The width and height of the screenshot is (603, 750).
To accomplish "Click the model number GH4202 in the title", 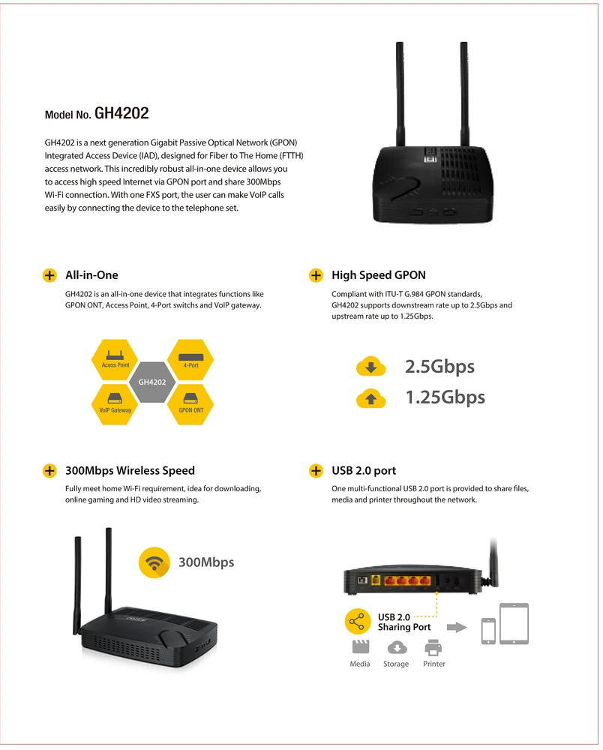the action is tap(121, 113).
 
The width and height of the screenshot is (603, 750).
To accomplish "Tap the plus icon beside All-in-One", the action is tap(49, 275).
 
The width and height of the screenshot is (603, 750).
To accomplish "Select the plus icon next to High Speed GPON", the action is tap(316, 275).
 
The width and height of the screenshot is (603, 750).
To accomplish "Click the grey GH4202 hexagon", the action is tap(152, 382).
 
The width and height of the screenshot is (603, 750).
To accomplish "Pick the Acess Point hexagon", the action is tap(115, 360).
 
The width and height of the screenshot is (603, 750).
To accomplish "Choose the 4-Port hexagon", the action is tap(190, 360).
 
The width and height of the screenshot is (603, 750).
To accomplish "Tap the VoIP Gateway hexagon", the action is tap(115, 405).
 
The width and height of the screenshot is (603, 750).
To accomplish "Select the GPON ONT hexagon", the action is tap(190, 405).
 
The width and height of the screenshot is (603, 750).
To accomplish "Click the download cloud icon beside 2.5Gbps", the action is tap(370, 367).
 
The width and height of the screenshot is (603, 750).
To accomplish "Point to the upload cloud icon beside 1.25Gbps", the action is tap(370, 398).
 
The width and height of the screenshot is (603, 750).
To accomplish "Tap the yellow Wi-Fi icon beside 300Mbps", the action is tap(154, 562).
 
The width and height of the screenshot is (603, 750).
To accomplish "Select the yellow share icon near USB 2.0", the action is tap(357, 621).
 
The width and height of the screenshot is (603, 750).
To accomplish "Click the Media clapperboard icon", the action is tap(361, 646).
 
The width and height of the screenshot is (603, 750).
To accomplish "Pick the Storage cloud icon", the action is tap(397, 648).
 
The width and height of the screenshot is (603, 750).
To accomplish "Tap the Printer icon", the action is tap(433, 647).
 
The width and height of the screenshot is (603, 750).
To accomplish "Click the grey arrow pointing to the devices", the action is tap(457, 627).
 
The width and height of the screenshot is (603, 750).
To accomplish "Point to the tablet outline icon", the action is tap(514, 624).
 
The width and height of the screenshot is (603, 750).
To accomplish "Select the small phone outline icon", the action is tap(488, 631).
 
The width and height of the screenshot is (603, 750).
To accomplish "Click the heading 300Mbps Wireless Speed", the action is tap(130, 471).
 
